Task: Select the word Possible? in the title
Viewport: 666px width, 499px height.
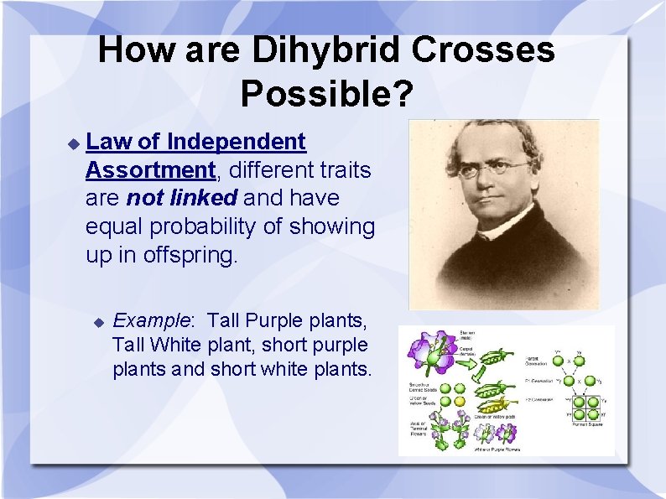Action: pyautogui.click(x=326, y=93)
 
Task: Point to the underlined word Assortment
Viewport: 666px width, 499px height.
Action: pyautogui.click(x=150, y=170)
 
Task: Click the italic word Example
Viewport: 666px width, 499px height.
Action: pyautogui.click(x=152, y=320)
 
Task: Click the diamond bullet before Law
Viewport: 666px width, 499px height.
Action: pyautogui.click(x=73, y=143)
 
